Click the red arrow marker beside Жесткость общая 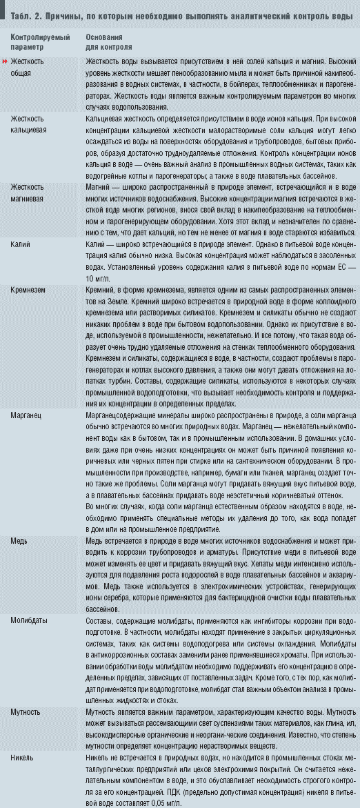tap(6, 61)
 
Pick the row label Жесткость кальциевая tap(31, 124)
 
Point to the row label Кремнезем tap(28, 290)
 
